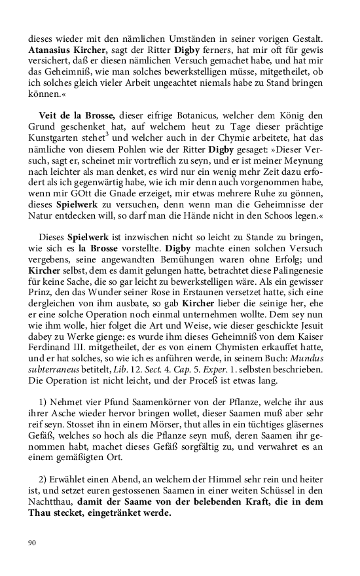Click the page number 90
coord(33,542)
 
